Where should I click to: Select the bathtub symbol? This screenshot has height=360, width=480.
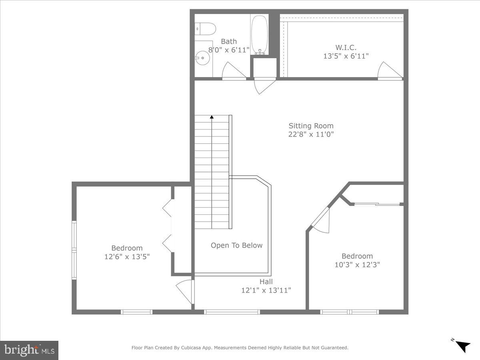[x=260, y=35]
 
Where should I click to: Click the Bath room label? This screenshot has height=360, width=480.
[x=229, y=41]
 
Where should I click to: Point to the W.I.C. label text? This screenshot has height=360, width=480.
[x=346, y=48]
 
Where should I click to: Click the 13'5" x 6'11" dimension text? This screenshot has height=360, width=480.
[x=346, y=56]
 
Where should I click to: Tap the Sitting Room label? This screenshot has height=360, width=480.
[x=311, y=126]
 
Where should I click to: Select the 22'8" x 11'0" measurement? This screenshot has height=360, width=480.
[x=311, y=134]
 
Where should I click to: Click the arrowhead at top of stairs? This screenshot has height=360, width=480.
[x=212, y=117]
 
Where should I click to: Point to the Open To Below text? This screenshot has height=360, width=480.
[x=236, y=245]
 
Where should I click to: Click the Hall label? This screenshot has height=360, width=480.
[x=266, y=282]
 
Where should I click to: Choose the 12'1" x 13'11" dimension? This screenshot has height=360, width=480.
[x=266, y=290]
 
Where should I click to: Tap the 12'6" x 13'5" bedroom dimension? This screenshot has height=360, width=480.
[x=127, y=257]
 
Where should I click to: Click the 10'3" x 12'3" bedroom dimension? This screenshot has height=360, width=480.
[x=357, y=264]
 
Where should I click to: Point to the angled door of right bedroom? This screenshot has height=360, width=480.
[x=321, y=220]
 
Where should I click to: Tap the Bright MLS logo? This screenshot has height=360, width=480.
[x=29, y=350]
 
